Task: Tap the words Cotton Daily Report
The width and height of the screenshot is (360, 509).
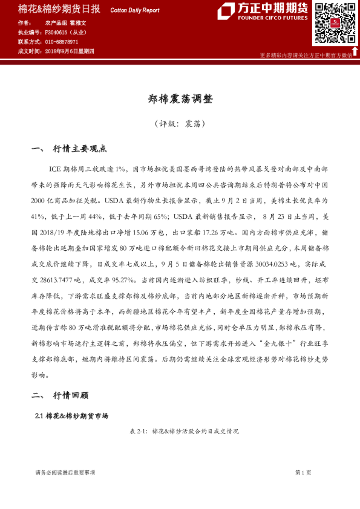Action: coord(134,10)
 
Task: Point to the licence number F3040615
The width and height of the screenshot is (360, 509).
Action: coord(59,32)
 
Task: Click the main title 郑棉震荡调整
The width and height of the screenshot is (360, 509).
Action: coord(180,99)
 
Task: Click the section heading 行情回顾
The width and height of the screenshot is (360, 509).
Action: coord(71,395)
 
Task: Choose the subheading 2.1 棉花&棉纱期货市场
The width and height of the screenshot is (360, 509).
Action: coord(71,416)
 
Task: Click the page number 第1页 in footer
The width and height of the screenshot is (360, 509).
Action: coord(303,472)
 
